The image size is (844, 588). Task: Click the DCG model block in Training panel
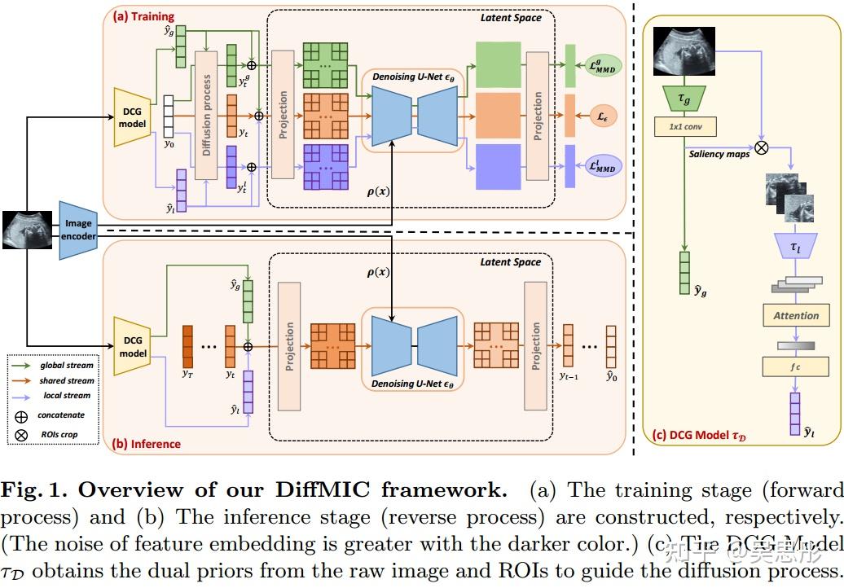click(132, 117)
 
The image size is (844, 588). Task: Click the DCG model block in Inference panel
click(132, 347)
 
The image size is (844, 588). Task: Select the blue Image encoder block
click(78, 230)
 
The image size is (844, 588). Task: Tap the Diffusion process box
click(206, 115)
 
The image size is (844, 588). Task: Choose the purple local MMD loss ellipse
click(604, 165)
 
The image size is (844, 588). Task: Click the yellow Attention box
click(796, 315)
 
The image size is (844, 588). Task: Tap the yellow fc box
click(796, 366)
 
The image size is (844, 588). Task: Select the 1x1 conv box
click(684, 127)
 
